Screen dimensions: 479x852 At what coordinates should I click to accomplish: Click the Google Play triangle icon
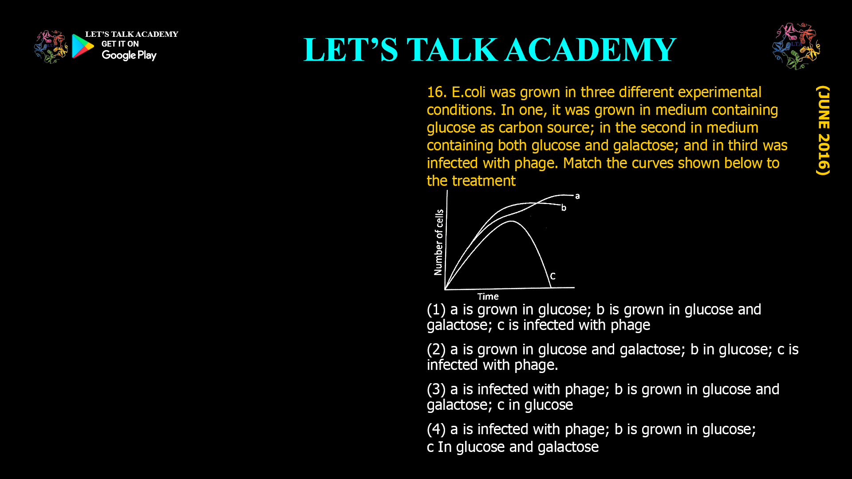pyautogui.click(x=83, y=46)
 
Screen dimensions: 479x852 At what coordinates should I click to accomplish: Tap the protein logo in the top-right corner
pyautogui.click(x=796, y=46)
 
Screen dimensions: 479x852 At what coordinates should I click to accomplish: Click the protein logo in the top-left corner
pyautogui.click(x=51, y=47)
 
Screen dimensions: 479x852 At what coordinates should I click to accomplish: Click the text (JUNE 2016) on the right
pyautogui.click(x=823, y=130)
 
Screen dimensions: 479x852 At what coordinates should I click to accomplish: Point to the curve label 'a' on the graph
pyautogui.click(x=577, y=196)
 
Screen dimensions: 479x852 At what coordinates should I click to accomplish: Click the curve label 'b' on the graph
pyautogui.click(x=564, y=208)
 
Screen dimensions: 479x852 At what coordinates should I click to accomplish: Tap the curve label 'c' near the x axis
pyautogui.click(x=553, y=276)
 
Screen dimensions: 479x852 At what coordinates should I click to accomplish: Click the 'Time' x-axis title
pyautogui.click(x=488, y=297)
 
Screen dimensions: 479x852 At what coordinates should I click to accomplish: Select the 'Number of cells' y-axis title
pyautogui.click(x=439, y=242)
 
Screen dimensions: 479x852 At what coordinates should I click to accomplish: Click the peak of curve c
pyautogui.click(x=512, y=221)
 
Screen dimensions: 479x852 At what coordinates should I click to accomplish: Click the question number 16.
pyautogui.click(x=436, y=92)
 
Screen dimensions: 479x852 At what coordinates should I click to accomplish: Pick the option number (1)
pyautogui.click(x=436, y=310)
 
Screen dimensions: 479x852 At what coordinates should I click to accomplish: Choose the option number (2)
pyautogui.click(x=436, y=349)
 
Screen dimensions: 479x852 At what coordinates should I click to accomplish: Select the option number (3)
pyautogui.click(x=436, y=389)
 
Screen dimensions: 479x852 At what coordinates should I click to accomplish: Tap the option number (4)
pyautogui.click(x=436, y=429)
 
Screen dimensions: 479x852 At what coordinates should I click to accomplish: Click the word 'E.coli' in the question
pyautogui.click(x=468, y=92)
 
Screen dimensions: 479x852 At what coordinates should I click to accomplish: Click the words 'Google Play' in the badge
pyautogui.click(x=129, y=55)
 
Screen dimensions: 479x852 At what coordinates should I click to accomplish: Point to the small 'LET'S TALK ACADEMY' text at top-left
pyautogui.click(x=131, y=34)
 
